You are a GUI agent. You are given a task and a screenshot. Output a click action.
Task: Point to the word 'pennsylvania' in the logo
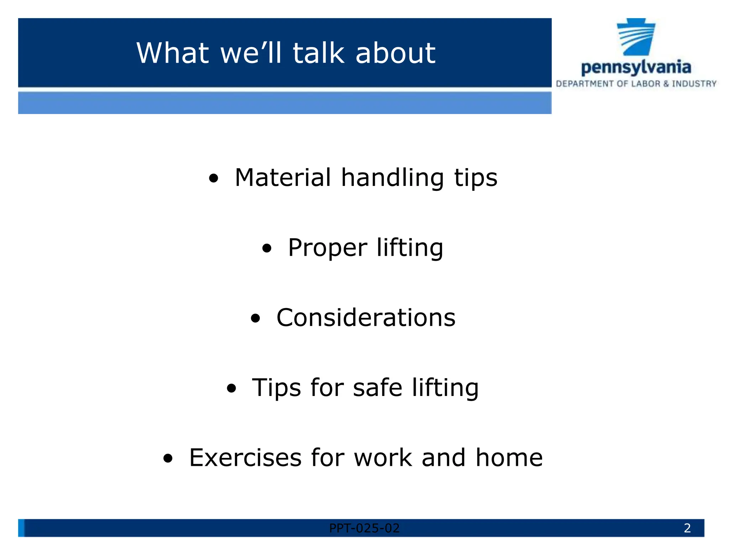pyautogui.click(x=636, y=68)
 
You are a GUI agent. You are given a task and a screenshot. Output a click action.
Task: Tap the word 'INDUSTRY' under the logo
pyautogui.click(x=694, y=84)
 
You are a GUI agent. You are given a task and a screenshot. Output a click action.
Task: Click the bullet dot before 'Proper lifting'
pyautogui.click(x=267, y=248)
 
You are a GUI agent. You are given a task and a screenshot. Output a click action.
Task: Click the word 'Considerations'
pyautogui.click(x=366, y=318)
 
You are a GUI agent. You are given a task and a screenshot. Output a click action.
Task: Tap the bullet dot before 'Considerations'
pyautogui.click(x=255, y=318)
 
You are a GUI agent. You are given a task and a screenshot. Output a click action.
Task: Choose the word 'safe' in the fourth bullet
pyautogui.click(x=377, y=387)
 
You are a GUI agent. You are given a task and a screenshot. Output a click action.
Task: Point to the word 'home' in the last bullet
pyautogui.click(x=509, y=458)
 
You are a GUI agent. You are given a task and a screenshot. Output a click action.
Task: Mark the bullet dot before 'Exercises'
pyautogui.click(x=168, y=458)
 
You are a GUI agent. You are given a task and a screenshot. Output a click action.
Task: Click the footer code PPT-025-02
pyautogui.click(x=364, y=528)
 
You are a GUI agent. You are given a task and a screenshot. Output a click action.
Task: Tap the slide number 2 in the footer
pyautogui.click(x=687, y=528)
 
